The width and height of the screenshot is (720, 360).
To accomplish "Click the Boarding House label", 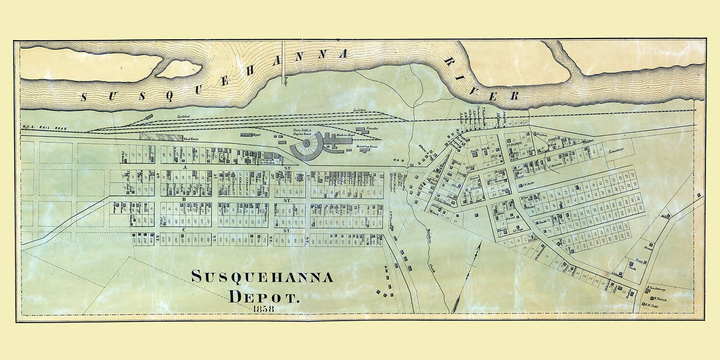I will click(367, 146).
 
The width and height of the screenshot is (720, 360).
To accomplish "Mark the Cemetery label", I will click(616, 151).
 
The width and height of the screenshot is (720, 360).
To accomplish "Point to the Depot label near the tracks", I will click(257, 135).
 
